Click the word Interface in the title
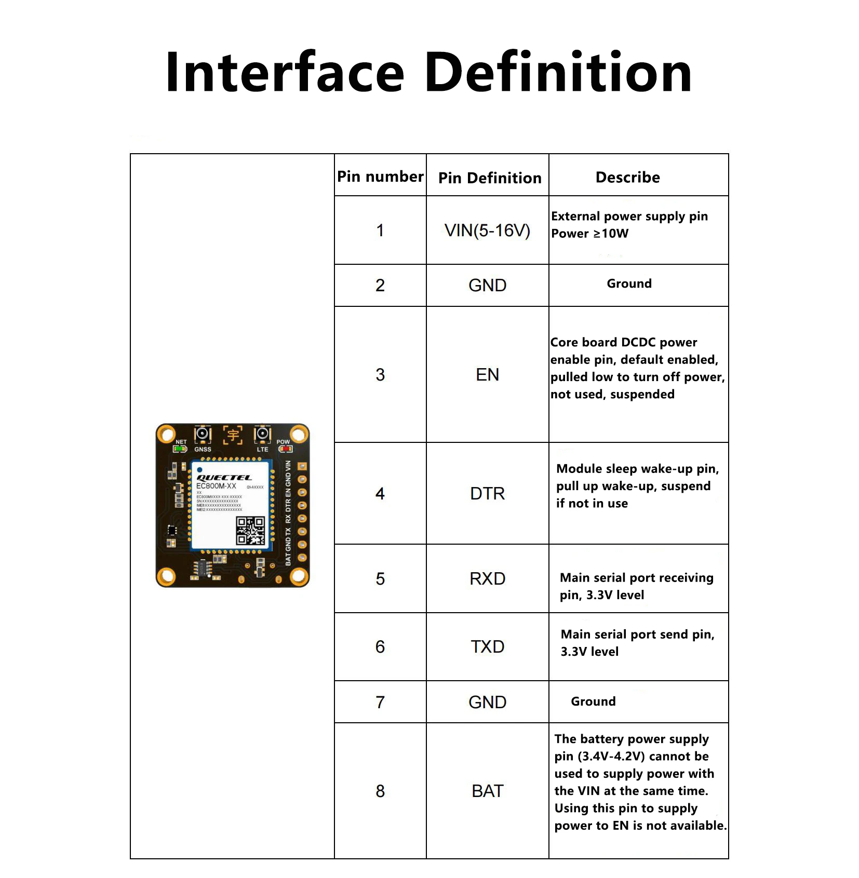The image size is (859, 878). [x=284, y=73]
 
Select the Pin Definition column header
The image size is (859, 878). [x=489, y=178]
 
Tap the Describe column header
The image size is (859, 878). [x=627, y=178]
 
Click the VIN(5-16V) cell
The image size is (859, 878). [x=487, y=231]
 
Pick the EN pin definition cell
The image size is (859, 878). [x=487, y=374]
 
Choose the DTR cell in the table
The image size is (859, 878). [x=487, y=493]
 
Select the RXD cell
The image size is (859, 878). [x=487, y=578]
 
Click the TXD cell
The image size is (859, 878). [x=487, y=646]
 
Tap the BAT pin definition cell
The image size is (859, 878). [x=487, y=791]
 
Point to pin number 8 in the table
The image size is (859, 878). [x=380, y=791]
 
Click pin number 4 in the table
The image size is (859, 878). [x=380, y=493]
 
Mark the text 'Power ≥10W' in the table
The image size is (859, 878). [x=589, y=234]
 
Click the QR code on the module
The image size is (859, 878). [x=250, y=531]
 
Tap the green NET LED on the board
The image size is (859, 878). [x=180, y=449]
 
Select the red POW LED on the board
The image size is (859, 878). [x=286, y=449]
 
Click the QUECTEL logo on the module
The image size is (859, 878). [x=224, y=478]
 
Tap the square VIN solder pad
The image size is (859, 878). [x=302, y=466]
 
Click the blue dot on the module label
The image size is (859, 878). [x=199, y=470]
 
